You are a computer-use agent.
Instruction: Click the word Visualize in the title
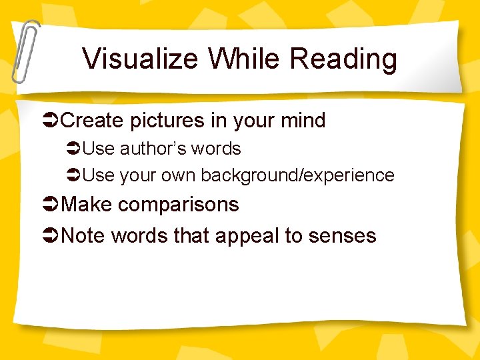point(141,59)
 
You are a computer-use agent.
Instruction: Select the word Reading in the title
point(344,59)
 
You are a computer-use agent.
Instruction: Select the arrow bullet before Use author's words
point(74,149)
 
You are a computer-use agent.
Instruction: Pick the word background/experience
point(297,175)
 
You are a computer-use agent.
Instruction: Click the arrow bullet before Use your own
point(74,175)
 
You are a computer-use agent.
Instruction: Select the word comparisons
point(179,205)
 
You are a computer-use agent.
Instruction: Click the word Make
point(86,205)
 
